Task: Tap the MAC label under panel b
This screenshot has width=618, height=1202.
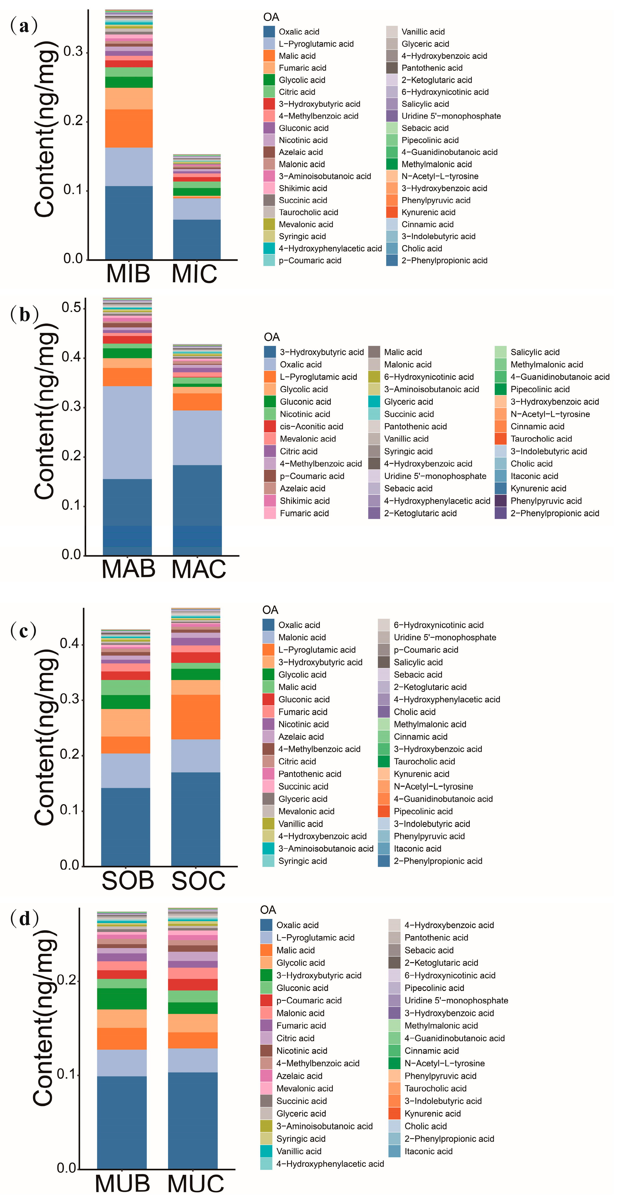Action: (x=198, y=569)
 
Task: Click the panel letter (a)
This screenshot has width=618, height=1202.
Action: (x=23, y=26)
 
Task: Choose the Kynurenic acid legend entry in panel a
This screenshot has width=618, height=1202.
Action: (x=428, y=212)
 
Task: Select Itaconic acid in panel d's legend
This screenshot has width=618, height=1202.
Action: (x=428, y=1151)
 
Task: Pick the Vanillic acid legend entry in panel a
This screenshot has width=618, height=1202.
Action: (x=423, y=32)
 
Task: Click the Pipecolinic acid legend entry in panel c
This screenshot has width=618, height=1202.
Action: (x=423, y=811)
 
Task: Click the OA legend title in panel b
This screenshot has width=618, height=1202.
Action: (x=272, y=337)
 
